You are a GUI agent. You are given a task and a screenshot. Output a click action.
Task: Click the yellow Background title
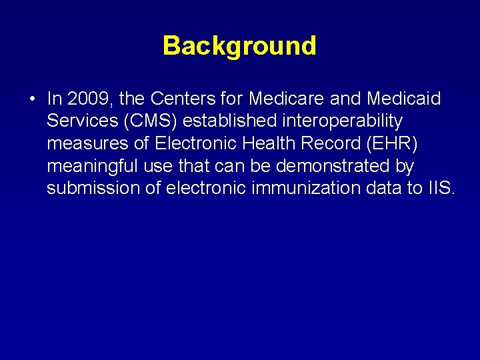[x=239, y=46]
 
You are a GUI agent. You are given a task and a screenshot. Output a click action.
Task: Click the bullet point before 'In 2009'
[x=32, y=100]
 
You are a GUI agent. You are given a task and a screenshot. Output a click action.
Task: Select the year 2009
[x=90, y=99]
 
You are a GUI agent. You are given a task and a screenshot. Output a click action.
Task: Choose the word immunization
[x=307, y=188]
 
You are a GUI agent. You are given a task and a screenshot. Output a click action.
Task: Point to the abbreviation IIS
[x=441, y=188]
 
